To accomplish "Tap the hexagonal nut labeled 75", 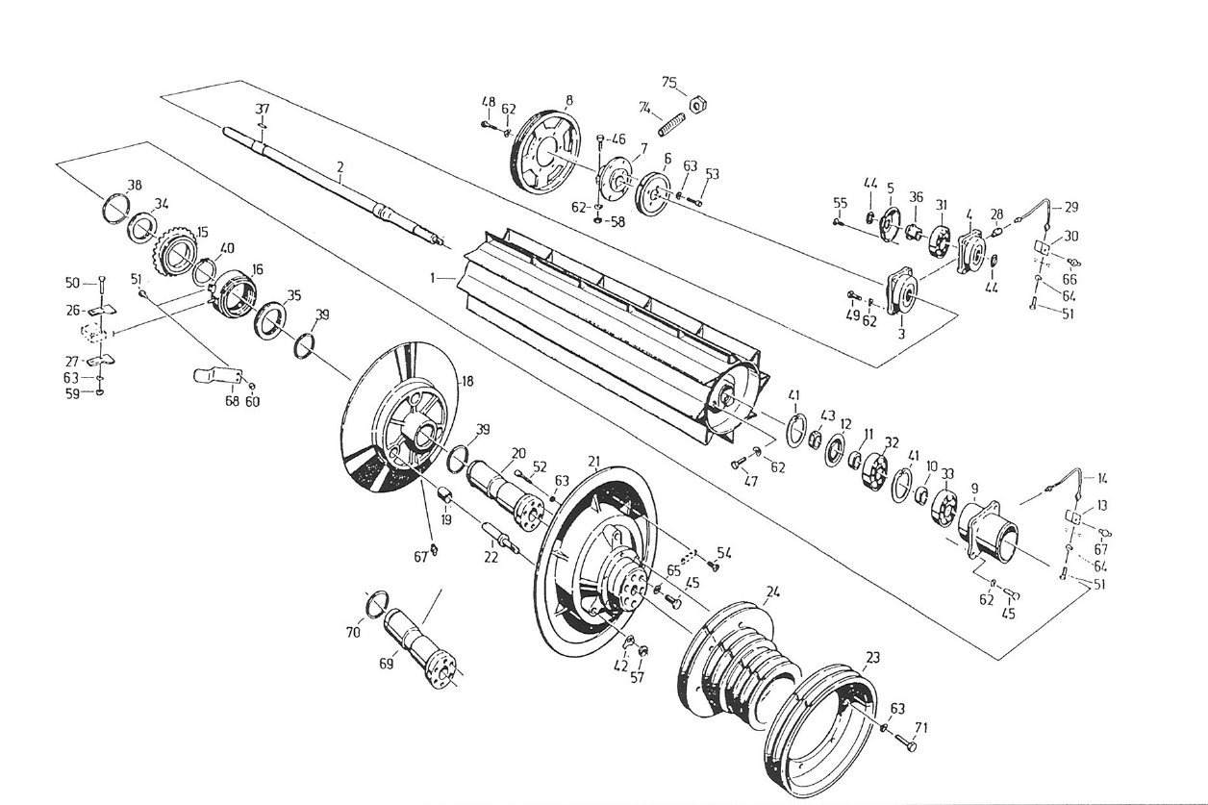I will (x=701, y=100).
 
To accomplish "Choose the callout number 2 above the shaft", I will (x=340, y=166).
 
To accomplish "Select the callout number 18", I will (x=467, y=381).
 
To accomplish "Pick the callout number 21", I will (x=593, y=461).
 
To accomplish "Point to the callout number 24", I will (x=772, y=591).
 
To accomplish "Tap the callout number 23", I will (x=872, y=658).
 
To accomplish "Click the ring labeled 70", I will (x=378, y=604).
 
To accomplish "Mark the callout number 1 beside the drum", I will (x=435, y=277).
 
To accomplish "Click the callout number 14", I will (x=1102, y=478).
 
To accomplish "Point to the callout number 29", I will (x=1071, y=207).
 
